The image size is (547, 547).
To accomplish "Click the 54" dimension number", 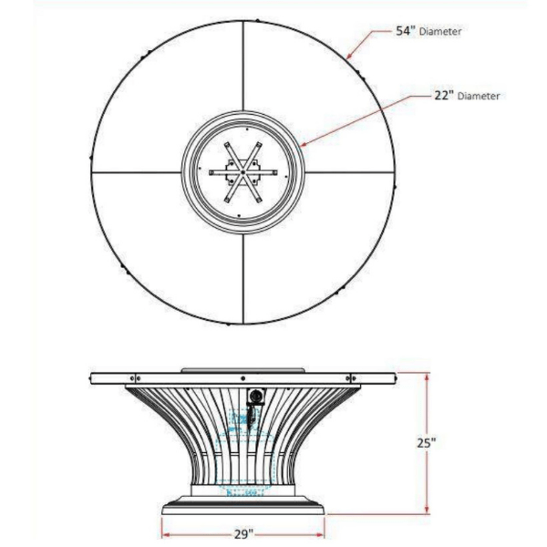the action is click(x=406, y=31).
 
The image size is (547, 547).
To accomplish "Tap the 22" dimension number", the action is click(x=444, y=95).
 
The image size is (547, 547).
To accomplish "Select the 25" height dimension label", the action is click(x=427, y=443).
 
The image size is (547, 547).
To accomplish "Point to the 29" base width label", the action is click(x=243, y=534).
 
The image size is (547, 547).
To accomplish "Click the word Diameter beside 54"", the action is click(x=440, y=32).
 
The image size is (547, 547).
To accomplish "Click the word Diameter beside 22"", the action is click(x=479, y=96).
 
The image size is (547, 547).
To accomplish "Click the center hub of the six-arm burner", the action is click(x=243, y=172).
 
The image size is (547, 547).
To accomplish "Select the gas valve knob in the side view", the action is click(x=255, y=397).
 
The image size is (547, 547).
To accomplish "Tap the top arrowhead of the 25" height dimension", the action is click(x=427, y=377).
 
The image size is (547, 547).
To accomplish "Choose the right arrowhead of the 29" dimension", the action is click(x=319, y=534).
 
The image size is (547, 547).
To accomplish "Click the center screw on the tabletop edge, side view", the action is click(x=243, y=378).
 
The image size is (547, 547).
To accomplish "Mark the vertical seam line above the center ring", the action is click(x=243, y=66).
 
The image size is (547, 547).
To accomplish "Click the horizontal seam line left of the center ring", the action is click(x=136, y=172).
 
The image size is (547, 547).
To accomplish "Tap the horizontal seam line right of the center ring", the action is click(x=350, y=172).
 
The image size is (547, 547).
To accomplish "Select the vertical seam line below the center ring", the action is click(x=243, y=279).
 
